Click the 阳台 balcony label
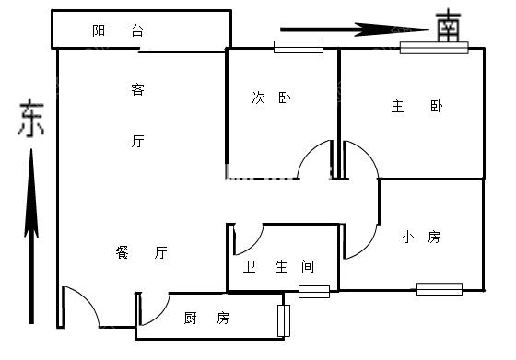[118, 30]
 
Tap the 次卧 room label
[272, 98]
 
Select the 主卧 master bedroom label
[416, 106]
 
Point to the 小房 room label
[420, 237]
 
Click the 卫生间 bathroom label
[278, 266]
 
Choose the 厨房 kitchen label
[206, 318]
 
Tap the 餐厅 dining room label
[142, 252]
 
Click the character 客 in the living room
[137, 89]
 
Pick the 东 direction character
[31, 119]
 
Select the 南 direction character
[448, 27]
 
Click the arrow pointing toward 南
[355, 29]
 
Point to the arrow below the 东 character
[31, 236]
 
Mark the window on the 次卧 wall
[299, 47]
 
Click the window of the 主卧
[434, 48]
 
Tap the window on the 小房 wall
[440, 289]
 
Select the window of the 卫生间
[314, 292]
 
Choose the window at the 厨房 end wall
[284, 321]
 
